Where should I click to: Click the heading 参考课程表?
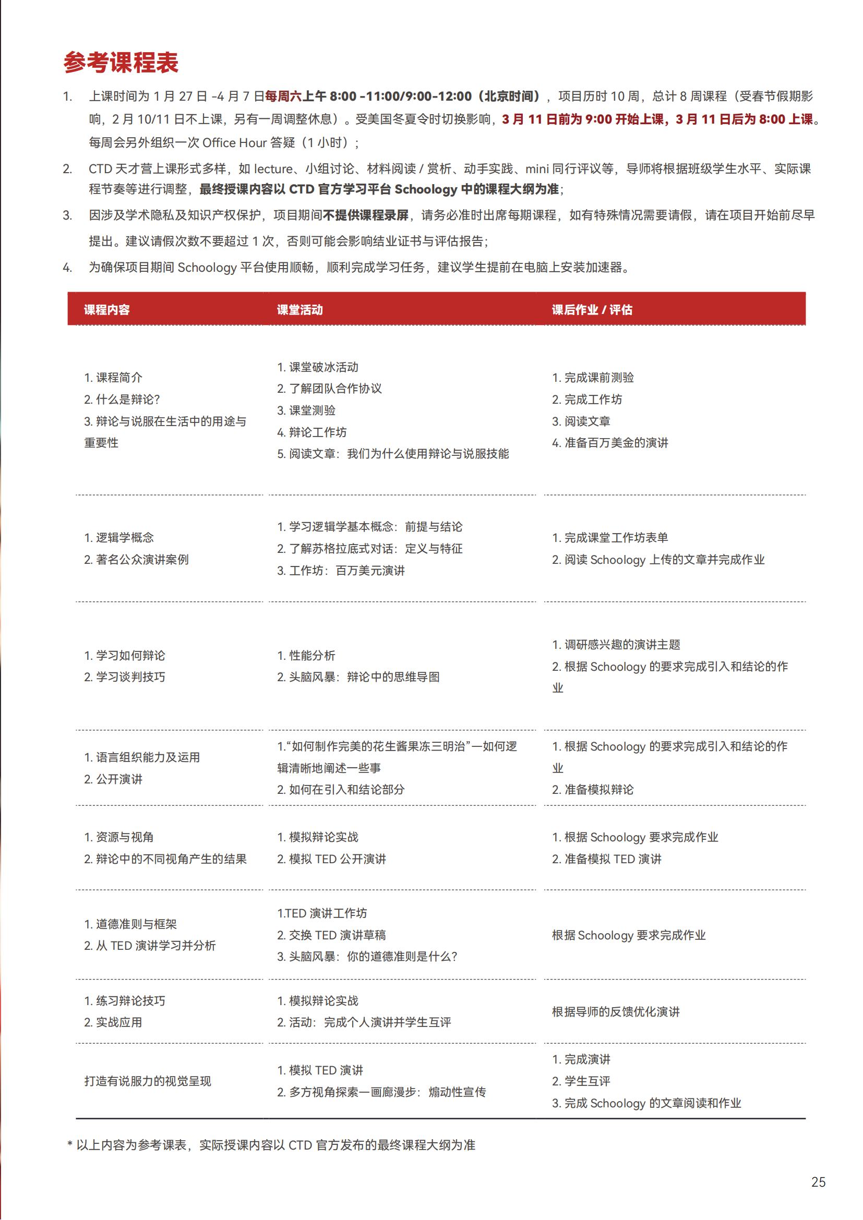[121, 63]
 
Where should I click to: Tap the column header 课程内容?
[107, 310]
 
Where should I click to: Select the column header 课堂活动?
[299, 310]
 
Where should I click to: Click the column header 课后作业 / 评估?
[592, 310]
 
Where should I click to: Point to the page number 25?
[818, 1182]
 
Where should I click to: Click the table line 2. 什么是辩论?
[122, 400]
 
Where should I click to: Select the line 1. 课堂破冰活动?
[317, 367]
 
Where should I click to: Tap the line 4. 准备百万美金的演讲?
[609, 443]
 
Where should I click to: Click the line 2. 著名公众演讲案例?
[136, 560]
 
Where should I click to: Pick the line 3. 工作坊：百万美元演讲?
[341, 571]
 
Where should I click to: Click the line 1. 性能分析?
[306, 656]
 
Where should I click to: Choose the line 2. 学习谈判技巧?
[124, 677]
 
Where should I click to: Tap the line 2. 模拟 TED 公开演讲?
[331, 859]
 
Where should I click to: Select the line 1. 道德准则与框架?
[130, 924]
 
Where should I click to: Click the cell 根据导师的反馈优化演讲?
[615, 1012]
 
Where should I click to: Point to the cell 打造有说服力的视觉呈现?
[147, 1081]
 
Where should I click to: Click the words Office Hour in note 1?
[234, 143]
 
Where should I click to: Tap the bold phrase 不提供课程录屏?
[366, 215]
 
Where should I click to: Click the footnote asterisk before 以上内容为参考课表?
[69, 1145]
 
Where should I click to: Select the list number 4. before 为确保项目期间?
[67, 267]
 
